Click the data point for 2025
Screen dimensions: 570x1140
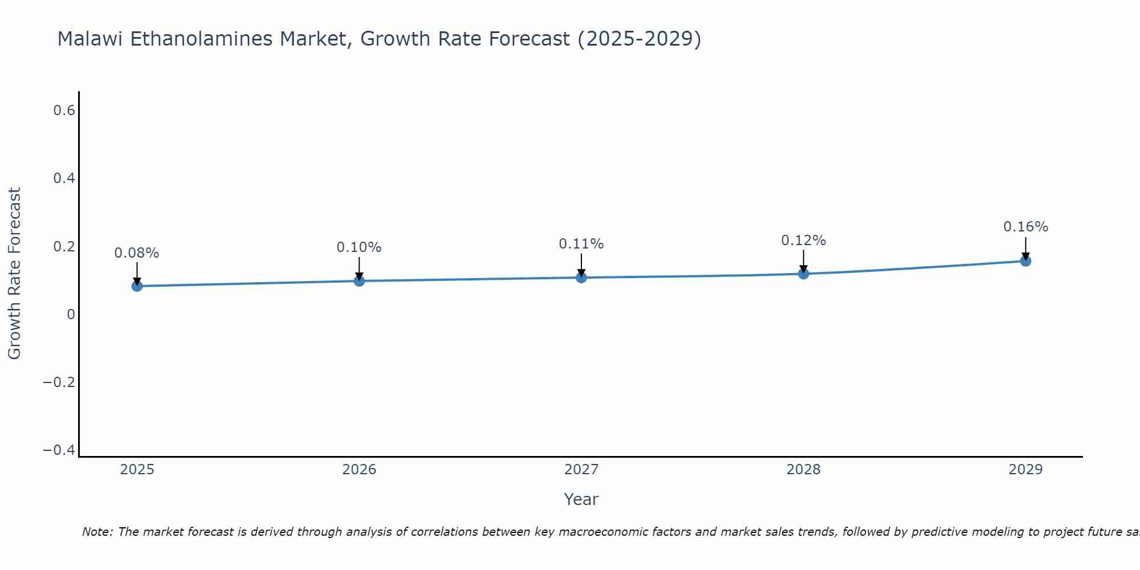click(x=137, y=286)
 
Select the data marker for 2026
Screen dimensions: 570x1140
click(x=359, y=280)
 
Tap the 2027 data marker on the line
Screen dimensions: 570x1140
click(x=581, y=278)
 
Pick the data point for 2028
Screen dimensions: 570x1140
click(x=804, y=274)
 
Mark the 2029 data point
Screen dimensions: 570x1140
click(x=1025, y=261)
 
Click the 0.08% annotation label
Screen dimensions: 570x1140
click(x=137, y=253)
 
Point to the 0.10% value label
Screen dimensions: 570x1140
click(x=359, y=247)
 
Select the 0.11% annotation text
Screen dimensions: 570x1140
click(x=581, y=244)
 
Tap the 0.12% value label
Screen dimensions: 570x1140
click(x=804, y=241)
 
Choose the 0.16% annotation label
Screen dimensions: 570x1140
click(x=1025, y=227)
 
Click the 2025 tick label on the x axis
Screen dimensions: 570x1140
click(x=137, y=470)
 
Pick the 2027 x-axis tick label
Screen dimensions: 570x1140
click(x=581, y=470)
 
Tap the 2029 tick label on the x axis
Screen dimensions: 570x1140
click(x=1025, y=470)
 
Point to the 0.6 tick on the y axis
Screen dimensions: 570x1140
click(x=64, y=111)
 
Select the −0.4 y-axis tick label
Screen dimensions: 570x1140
click(x=59, y=450)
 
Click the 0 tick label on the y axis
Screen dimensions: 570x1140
click(x=71, y=315)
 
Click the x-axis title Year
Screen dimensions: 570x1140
click(x=581, y=499)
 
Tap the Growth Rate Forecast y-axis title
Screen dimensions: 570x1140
click(x=14, y=274)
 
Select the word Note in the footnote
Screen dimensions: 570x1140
click(x=97, y=532)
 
